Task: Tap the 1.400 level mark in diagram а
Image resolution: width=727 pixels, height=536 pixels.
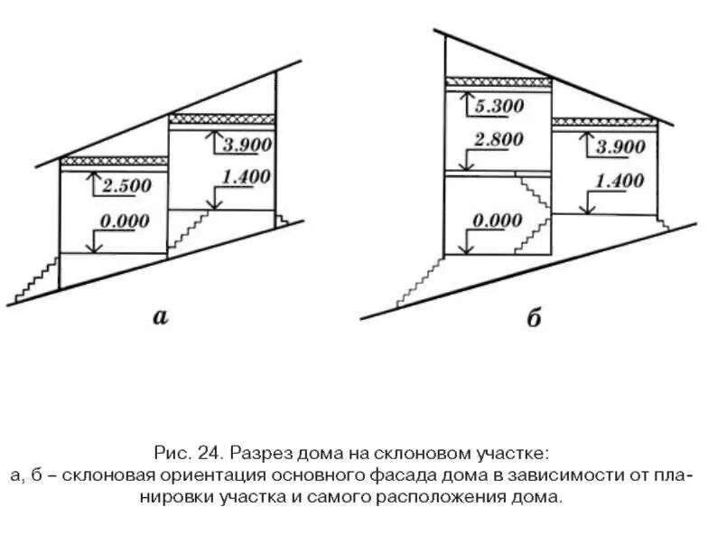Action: (x=244, y=177)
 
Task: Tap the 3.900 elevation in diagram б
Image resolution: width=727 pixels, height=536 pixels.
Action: (x=617, y=147)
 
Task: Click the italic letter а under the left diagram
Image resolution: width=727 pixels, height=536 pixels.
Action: (x=161, y=315)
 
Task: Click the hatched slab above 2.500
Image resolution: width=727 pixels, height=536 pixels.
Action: (x=114, y=160)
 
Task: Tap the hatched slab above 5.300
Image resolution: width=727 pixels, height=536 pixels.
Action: (x=498, y=82)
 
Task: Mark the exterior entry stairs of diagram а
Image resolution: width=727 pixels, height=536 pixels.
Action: (x=36, y=278)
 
